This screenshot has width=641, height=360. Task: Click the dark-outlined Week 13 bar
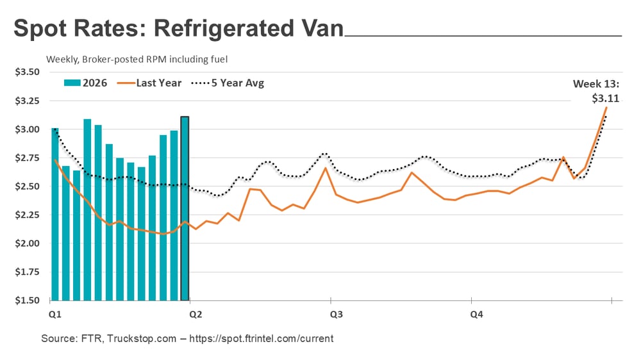coord(185,208)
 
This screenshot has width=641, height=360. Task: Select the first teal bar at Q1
coord(55,214)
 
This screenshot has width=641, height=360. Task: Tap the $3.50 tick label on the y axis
coord(28,72)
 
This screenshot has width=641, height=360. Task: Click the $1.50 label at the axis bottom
coord(28,300)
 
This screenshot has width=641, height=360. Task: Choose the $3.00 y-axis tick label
coord(28,129)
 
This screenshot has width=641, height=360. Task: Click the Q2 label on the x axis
coord(195,315)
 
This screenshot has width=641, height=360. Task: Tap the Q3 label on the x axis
coord(335,315)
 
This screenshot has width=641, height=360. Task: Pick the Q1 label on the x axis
coord(54,315)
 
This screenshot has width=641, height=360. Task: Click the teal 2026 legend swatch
coord(71,83)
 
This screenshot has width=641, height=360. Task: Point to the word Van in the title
coord(319,29)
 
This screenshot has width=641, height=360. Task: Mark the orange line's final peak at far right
coord(606,107)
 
